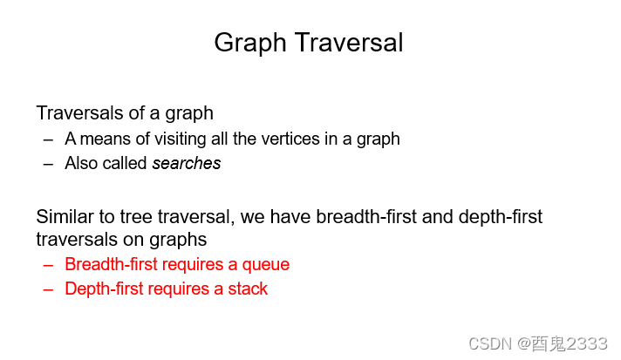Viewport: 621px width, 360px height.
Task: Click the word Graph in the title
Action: [250, 43]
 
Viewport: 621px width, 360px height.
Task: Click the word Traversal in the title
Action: [349, 43]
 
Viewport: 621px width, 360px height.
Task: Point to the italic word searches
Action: [187, 163]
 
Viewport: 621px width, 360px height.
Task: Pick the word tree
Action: [136, 217]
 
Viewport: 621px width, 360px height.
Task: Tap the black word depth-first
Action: [501, 217]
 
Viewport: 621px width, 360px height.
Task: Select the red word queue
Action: [266, 265]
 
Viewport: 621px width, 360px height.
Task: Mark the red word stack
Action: [248, 289]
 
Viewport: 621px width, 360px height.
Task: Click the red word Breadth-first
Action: [112, 264]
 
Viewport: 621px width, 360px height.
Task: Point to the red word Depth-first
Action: [104, 289]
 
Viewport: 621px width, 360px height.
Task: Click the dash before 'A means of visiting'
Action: [48, 139]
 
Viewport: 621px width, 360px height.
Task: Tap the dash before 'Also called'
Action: [48, 164]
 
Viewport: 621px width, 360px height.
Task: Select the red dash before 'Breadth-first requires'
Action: [48, 265]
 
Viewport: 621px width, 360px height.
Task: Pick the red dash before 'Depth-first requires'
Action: [48, 289]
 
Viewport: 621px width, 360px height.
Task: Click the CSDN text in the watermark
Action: [490, 343]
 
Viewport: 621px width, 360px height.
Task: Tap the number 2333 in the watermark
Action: [586, 343]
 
